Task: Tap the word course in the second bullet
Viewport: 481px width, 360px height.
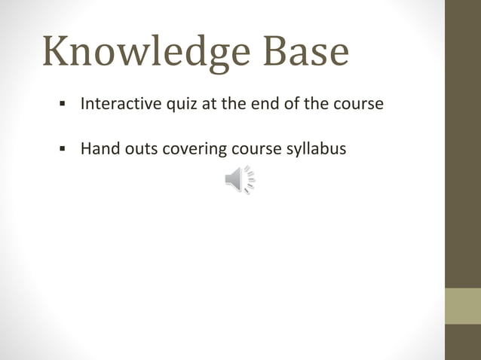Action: (256, 148)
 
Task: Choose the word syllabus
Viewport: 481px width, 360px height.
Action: (317, 149)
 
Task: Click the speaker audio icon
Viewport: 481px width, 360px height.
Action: (240, 181)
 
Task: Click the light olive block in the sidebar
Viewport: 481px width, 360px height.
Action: (463, 306)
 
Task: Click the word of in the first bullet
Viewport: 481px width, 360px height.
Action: (290, 103)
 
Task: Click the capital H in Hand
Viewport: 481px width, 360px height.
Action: (86, 148)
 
